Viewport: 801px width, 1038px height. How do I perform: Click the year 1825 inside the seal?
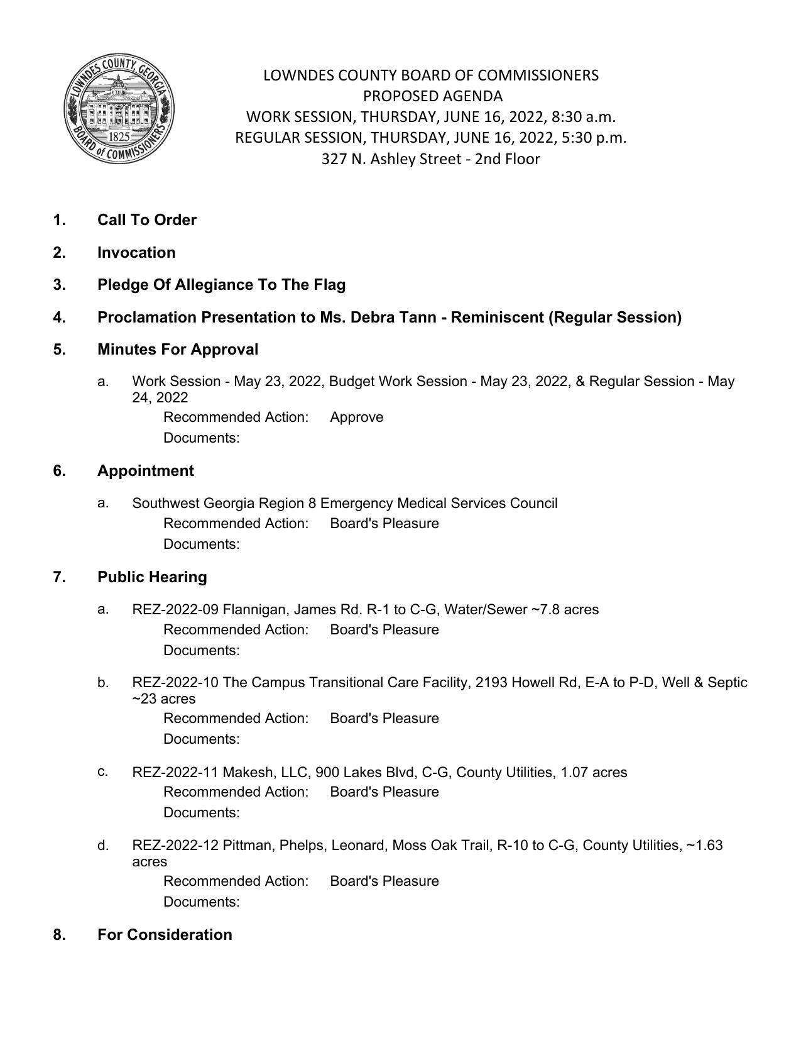(x=119, y=136)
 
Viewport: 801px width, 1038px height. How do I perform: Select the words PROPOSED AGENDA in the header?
(x=432, y=96)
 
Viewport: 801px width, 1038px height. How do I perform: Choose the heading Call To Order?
(x=147, y=220)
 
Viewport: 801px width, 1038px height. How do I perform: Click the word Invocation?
(x=136, y=253)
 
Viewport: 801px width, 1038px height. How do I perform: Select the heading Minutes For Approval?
(x=178, y=350)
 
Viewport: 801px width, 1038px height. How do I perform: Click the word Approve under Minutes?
(x=356, y=417)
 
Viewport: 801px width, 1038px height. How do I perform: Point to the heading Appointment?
(x=146, y=471)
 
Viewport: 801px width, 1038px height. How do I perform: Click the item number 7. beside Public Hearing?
(x=60, y=577)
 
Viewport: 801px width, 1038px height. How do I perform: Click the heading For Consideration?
(x=165, y=935)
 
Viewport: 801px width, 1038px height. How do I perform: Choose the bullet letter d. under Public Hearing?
(x=103, y=846)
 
